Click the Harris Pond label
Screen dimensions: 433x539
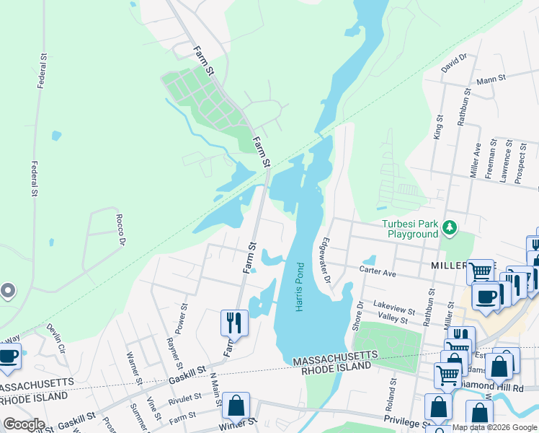click(x=300, y=287)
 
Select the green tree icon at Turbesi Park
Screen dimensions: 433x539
click(x=450, y=228)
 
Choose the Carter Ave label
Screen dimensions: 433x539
click(x=379, y=274)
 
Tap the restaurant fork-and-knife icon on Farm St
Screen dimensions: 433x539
click(x=234, y=322)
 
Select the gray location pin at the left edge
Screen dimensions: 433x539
click(x=8, y=291)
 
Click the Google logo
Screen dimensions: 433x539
click(x=24, y=424)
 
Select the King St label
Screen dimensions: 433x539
click(x=437, y=126)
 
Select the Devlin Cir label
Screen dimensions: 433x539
click(x=56, y=337)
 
